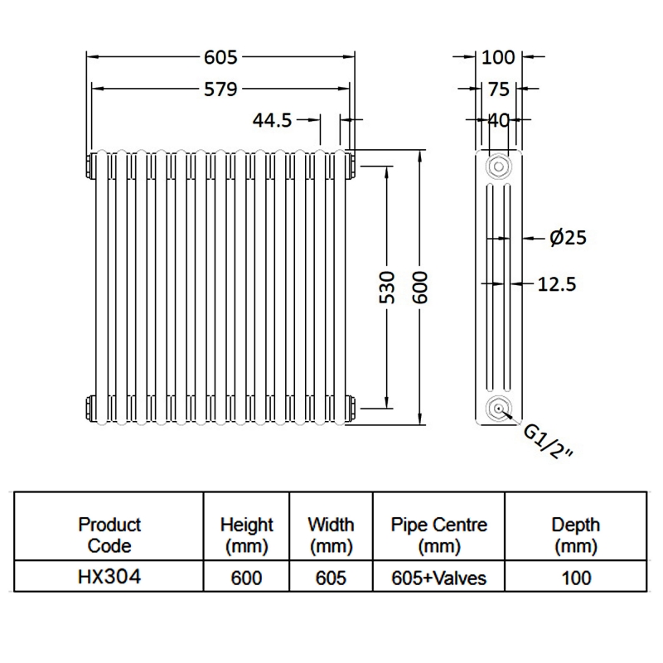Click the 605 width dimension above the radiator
coord(220,57)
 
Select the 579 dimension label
coord(220,88)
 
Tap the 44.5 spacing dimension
coord(273,120)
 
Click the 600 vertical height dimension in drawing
coord(419,286)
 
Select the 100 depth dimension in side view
coord(498,57)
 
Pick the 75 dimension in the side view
coord(498,89)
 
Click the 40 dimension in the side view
coord(498,120)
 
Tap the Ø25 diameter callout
coord(568,238)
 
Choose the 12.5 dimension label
coord(557,283)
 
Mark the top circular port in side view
coord(498,166)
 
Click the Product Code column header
coord(109,535)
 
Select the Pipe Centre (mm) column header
coord(439,535)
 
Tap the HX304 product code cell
coord(109,577)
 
